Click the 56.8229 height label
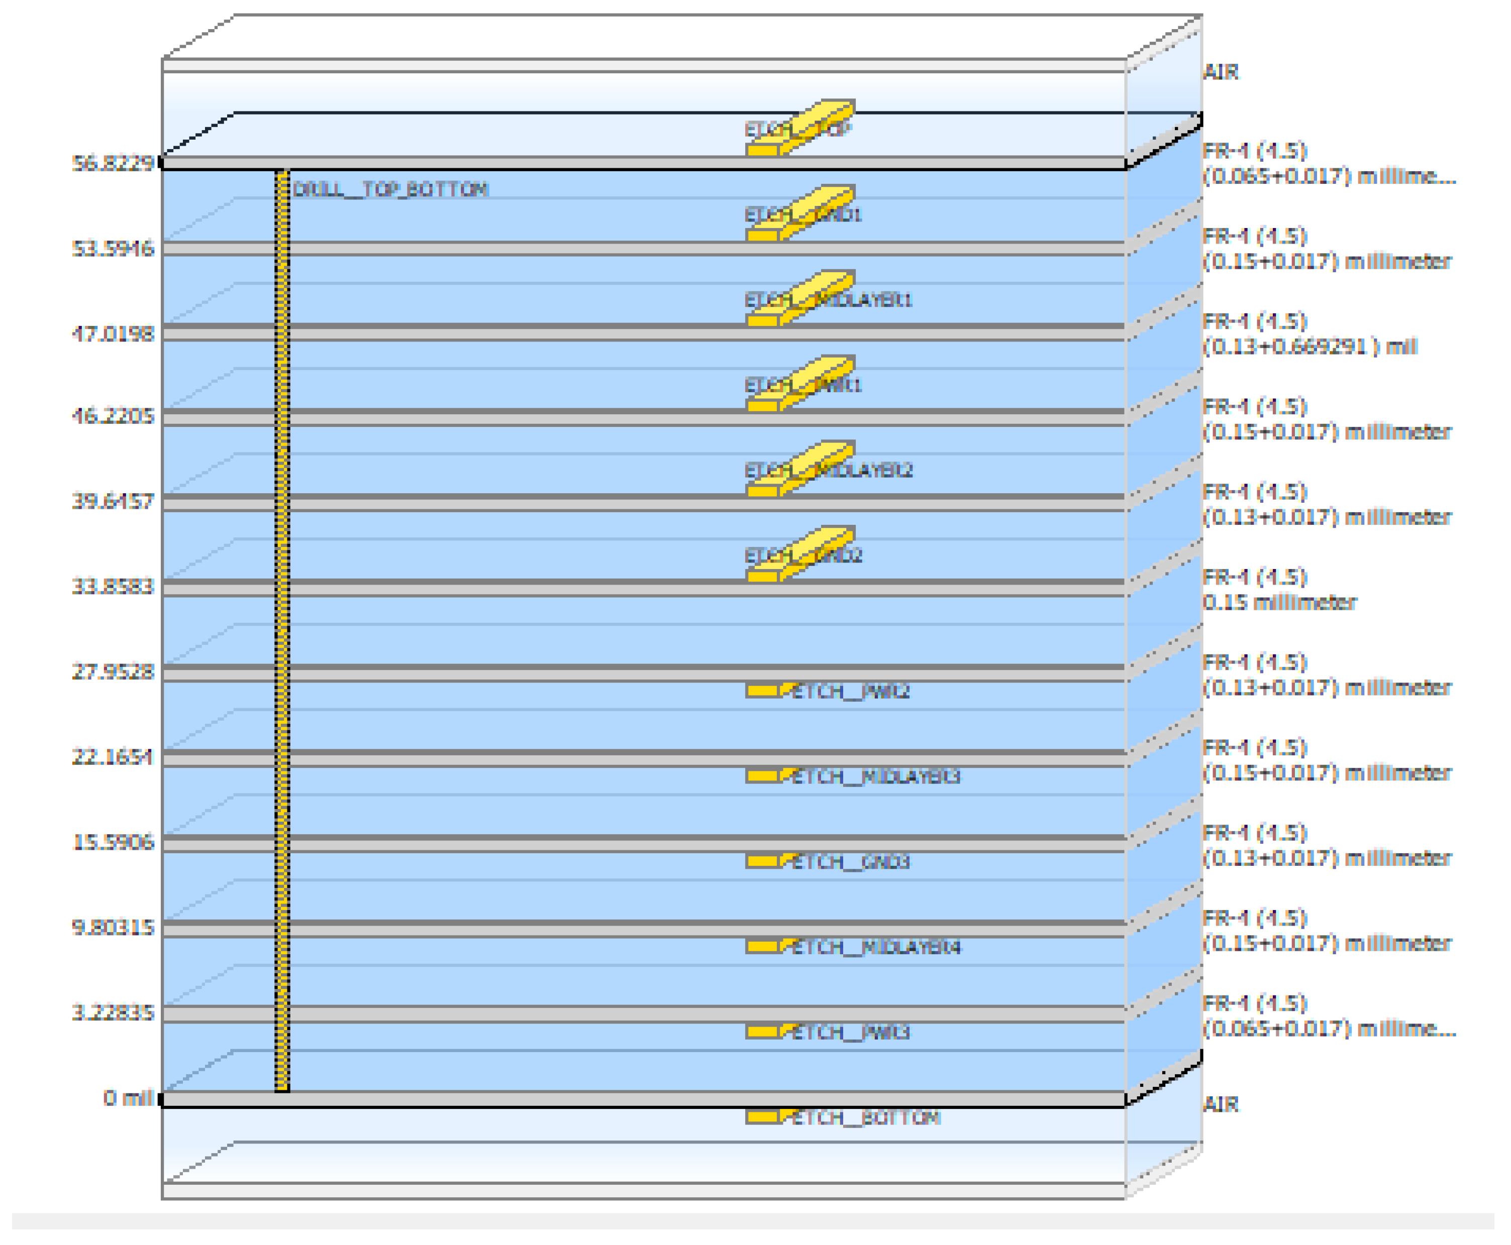click(113, 164)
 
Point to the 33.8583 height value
click(113, 587)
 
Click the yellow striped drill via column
click(282, 631)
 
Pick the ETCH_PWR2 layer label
click(850, 692)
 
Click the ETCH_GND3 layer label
click(850, 861)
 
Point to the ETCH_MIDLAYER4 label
click(875, 947)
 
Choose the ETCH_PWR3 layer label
click(850, 1032)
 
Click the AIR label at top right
click(1221, 72)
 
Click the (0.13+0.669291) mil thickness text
click(1309, 347)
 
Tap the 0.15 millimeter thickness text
click(1279, 603)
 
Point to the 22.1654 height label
click(113, 757)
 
